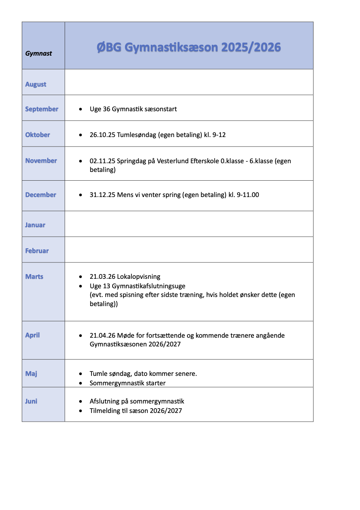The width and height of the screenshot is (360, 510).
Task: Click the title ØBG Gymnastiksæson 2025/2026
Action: pos(189,47)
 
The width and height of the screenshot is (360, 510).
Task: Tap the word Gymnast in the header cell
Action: pos(39,53)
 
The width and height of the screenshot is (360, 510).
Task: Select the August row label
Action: pos(36,84)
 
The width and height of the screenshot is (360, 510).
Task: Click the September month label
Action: pos(41,109)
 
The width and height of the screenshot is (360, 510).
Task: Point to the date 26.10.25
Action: pos(102,135)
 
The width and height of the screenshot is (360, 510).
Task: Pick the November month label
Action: pos(41,161)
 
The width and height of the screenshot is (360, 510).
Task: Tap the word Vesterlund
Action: pos(173,161)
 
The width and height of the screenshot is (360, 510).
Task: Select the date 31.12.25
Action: pos(102,195)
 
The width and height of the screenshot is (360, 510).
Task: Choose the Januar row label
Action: pos(35,225)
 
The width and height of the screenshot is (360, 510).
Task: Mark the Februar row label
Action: pos(37,251)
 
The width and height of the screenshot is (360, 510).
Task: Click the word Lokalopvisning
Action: pos(138,277)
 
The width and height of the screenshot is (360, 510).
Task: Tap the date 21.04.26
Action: pos(102,336)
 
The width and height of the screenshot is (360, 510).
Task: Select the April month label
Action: pos(32,335)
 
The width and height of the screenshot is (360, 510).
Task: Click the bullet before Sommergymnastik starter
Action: pos(81,383)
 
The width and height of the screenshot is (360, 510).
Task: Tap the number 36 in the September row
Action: pos(106,109)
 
